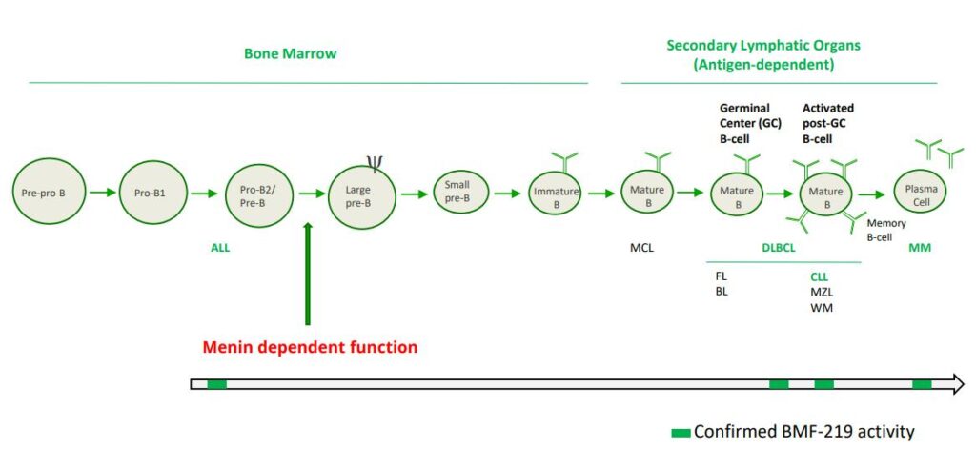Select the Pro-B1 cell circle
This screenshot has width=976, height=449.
pos(152,192)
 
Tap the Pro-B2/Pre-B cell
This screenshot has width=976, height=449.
pos(260,193)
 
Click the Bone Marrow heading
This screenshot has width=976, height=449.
pos(290,53)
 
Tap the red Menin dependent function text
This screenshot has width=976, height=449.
pos(309,347)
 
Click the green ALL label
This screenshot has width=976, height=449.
pos(220,248)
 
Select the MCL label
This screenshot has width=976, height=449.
pos(642,249)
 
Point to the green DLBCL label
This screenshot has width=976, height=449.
pos(779,249)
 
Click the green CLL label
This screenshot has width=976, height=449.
pos(819,277)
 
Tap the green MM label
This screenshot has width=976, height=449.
pos(920,249)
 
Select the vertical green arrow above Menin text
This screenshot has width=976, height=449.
pos(308,274)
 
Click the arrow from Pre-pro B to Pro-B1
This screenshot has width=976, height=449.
pos(102,192)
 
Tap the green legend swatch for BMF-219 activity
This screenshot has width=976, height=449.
pos(681,432)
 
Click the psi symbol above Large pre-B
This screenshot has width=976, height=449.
pos(374,163)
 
